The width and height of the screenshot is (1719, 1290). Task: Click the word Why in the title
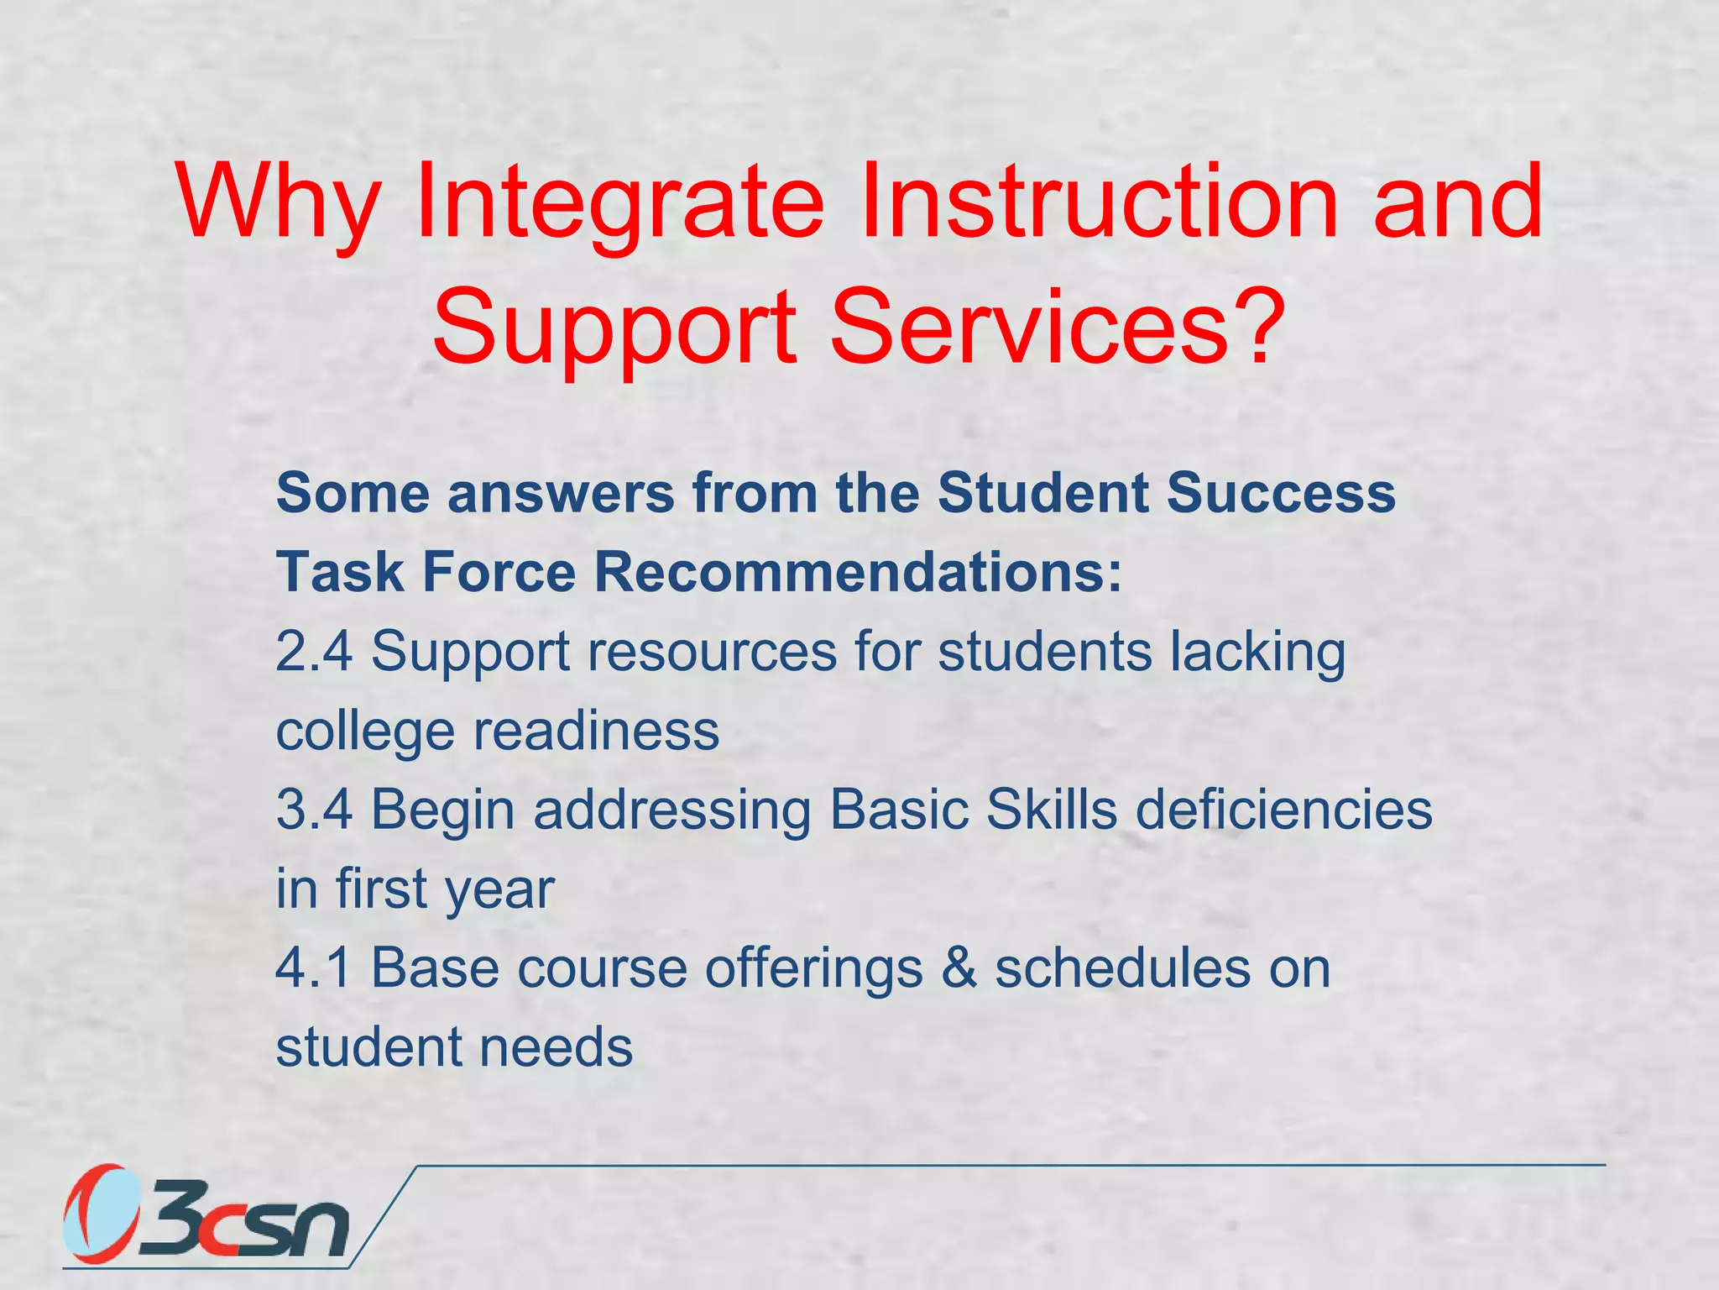tap(277, 204)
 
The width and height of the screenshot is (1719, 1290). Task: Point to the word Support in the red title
tap(614, 328)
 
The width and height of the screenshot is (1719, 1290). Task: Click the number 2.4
tap(314, 651)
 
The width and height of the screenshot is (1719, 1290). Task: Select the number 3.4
tap(314, 810)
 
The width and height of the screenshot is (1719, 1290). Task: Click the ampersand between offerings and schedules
tap(959, 967)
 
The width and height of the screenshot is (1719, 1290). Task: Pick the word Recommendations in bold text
tap(857, 572)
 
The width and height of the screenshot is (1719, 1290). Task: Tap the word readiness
tap(596, 730)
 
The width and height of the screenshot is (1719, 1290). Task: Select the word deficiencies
tap(1283, 810)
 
